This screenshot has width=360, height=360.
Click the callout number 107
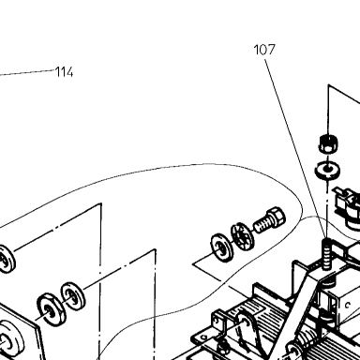pyautogui.click(x=264, y=50)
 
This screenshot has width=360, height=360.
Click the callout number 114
pyautogui.click(x=64, y=72)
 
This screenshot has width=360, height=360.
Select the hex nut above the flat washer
pyautogui.click(x=329, y=143)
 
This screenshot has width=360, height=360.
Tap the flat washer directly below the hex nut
pyautogui.click(x=327, y=171)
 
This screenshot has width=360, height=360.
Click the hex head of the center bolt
pyautogui.click(x=276, y=217)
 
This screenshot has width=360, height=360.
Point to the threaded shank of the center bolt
pyautogui.click(x=262, y=225)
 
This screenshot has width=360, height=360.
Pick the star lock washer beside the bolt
pyautogui.click(x=243, y=235)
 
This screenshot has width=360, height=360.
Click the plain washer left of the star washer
pyautogui.click(x=222, y=248)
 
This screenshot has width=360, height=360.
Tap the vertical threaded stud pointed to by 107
pyautogui.click(x=326, y=254)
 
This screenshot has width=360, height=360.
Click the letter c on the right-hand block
pyautogui.click(x=347, y=305)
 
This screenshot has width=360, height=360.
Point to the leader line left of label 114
pyautogui.click(x=27, y=72)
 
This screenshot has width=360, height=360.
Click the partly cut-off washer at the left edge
pyautogui.click(x=7, y=260)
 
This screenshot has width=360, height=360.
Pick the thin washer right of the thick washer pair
pyautogui.click(x=73, y=296)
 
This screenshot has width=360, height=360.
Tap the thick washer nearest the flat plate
pyautogui.click(x=52, y=309)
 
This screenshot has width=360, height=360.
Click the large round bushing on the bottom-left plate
pyautogui.click(x=10, y=338)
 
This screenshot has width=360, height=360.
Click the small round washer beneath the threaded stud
pyautogui.click(x=327, y=283)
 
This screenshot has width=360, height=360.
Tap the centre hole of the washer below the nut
pyautogui.click(x=327, y=169)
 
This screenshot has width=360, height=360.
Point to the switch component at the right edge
pyautogui.click(x=348, y=208)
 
